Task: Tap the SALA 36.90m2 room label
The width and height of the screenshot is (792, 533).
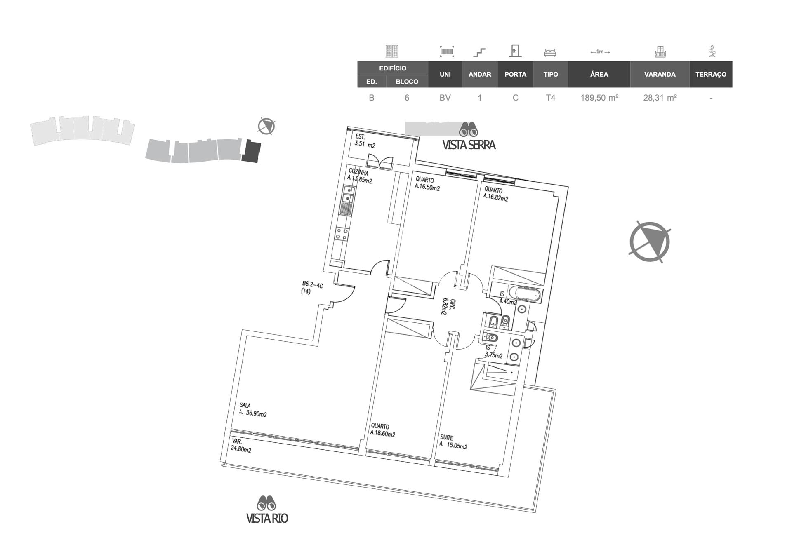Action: (x=253, y=410)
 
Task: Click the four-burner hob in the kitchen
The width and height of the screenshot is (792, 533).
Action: (x=342, y=234)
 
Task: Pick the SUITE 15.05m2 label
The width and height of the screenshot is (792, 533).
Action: (x=453, y=442)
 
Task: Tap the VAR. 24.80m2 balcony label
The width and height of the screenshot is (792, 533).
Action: (x=241, y=446)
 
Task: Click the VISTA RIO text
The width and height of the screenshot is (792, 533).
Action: (x=267, y=518)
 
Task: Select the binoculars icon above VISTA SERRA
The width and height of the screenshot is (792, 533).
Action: (x=469, y=129)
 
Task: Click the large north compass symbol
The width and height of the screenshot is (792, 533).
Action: (x=650, y=242)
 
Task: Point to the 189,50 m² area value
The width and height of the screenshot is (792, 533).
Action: (x=599, y=98)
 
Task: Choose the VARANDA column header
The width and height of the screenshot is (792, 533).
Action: (x=660, y=74)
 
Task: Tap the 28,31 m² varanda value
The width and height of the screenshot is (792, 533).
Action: (x=660, y=98)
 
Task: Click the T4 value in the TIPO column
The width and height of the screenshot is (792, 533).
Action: (x=550, y=98)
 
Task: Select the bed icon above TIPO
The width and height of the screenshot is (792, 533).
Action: (x=550, y=52)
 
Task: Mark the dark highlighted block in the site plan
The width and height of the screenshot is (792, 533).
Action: (x=251, y=151)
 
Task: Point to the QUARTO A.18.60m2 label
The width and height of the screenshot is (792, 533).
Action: (x=382, y=430)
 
